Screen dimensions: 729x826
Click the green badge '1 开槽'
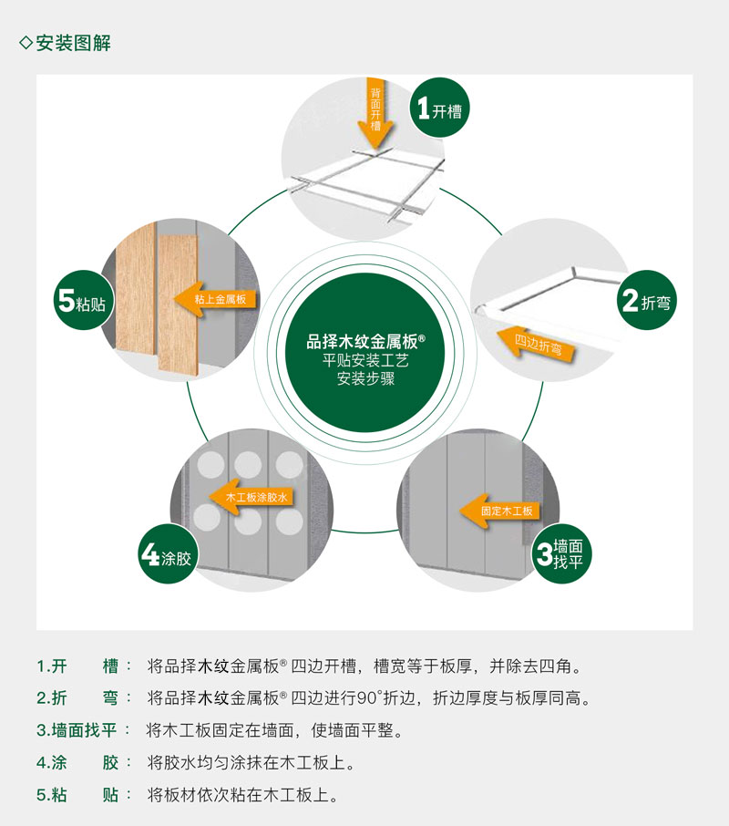(x=439, y=108)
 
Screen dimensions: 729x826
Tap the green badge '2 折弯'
(x=646, y=300)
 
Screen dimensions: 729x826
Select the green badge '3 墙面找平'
(x=561, y=553)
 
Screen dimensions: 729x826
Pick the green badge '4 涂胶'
(x=168, y=553)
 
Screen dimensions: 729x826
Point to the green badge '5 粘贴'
(x=83, y=300)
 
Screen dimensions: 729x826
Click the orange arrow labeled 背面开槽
(x=375, y=113)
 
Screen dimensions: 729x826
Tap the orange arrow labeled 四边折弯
(x=536, y=345)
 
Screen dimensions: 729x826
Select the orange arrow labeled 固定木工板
(x=499, y=511)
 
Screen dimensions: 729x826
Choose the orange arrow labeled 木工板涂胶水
(x=252, y=497)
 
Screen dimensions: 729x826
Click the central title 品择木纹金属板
(x=365, y=341)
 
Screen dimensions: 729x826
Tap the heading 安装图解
(x=73, y=43)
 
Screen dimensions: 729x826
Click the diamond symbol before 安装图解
(x=26, y=42)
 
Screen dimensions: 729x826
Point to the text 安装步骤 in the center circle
(x=365, y=378)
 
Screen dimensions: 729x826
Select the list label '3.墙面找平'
(x=77, y=730)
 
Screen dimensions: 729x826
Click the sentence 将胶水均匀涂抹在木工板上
(x=252, y=762)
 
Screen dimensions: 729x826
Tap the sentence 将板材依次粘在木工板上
(x=242, y=795)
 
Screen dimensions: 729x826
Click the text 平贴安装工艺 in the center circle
(x=365, y=361)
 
